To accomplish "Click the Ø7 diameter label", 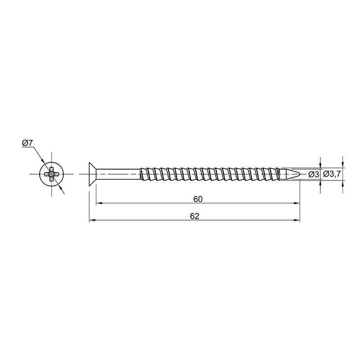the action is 28,143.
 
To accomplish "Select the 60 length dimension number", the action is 198,199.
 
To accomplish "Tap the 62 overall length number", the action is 194,216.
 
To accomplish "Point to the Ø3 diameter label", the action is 314,175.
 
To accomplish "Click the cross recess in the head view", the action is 51,175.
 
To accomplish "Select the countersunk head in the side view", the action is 93,175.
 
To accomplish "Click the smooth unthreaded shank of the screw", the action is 118,175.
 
